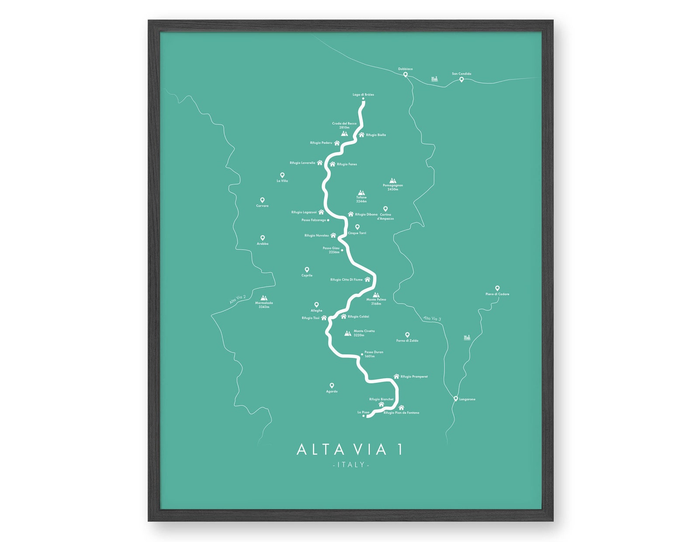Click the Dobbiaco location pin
405,74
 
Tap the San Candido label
462,74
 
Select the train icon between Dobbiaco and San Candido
434,79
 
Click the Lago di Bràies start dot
363,99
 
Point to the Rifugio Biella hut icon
361,135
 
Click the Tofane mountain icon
361,192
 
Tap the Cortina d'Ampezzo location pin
385,209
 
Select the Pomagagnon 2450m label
392,187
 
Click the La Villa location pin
282,175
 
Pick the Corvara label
262,206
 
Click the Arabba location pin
263,238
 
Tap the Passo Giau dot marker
342,250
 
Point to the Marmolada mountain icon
264,298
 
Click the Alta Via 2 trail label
238,300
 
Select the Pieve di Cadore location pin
497,288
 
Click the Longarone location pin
455,399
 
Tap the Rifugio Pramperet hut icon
396,376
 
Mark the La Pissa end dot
364,416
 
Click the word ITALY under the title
351,465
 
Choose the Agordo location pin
332,385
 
